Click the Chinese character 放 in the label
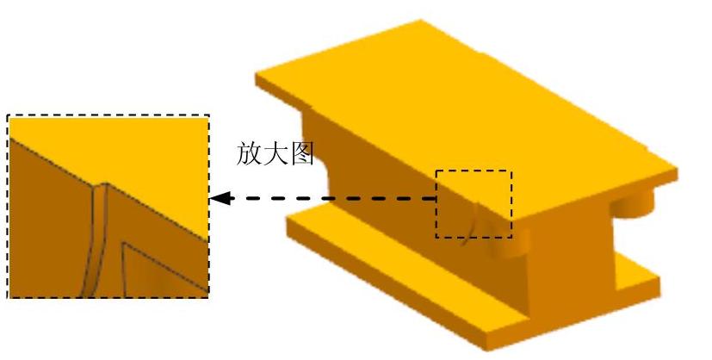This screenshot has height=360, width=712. [250, 153]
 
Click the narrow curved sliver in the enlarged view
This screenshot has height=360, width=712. [96, 233]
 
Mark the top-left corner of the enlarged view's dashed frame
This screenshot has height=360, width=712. [8, 115]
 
